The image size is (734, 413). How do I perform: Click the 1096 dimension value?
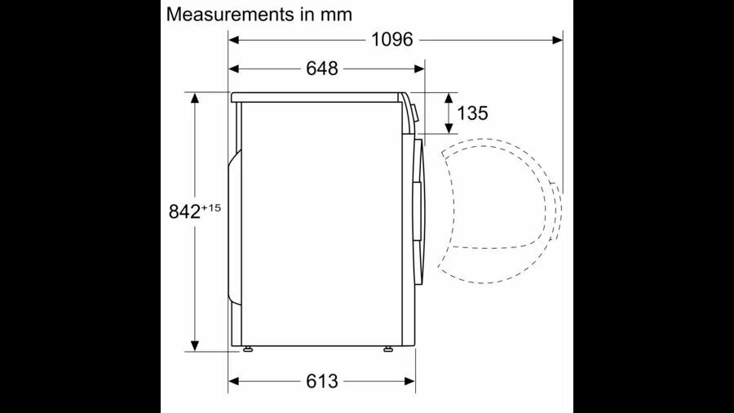391,40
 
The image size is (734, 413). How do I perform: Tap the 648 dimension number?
321,69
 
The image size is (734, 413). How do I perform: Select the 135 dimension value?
472,113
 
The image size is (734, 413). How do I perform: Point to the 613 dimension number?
321,381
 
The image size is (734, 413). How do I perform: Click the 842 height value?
184,211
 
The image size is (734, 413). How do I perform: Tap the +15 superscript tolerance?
210,207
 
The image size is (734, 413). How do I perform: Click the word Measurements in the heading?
230,15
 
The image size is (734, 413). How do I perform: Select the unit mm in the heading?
336,16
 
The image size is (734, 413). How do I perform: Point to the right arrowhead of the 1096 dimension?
557,40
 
